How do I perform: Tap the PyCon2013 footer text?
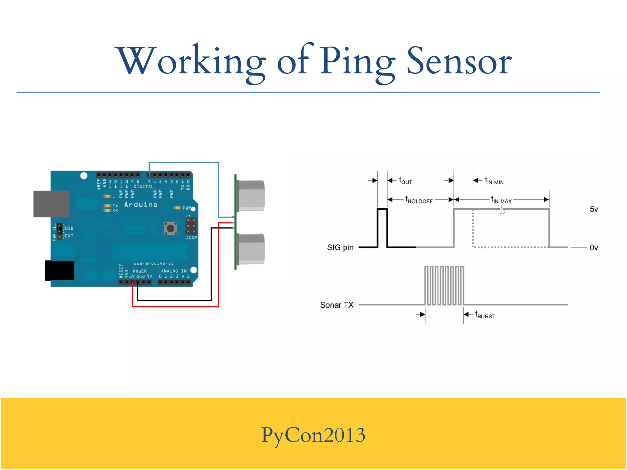point(313,435)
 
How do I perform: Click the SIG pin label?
point(340,248)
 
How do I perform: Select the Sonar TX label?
point(336,305)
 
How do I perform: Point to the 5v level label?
point(594,209)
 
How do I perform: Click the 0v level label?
point(594,248)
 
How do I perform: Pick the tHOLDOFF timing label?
point(419,200)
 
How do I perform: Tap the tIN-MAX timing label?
point(501,200)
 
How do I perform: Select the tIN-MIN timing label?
point(494,181)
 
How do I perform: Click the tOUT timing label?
point(405,181)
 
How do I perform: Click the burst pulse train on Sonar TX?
point(444,285)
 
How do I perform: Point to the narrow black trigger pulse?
point(382,228)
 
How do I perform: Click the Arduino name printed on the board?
point(141,205)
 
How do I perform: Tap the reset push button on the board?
point(171,228)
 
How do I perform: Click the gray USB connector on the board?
point(51,204)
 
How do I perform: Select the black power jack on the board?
point(59,270)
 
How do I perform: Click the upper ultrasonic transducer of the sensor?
point(250,195)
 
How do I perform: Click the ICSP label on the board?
point(191,237)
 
